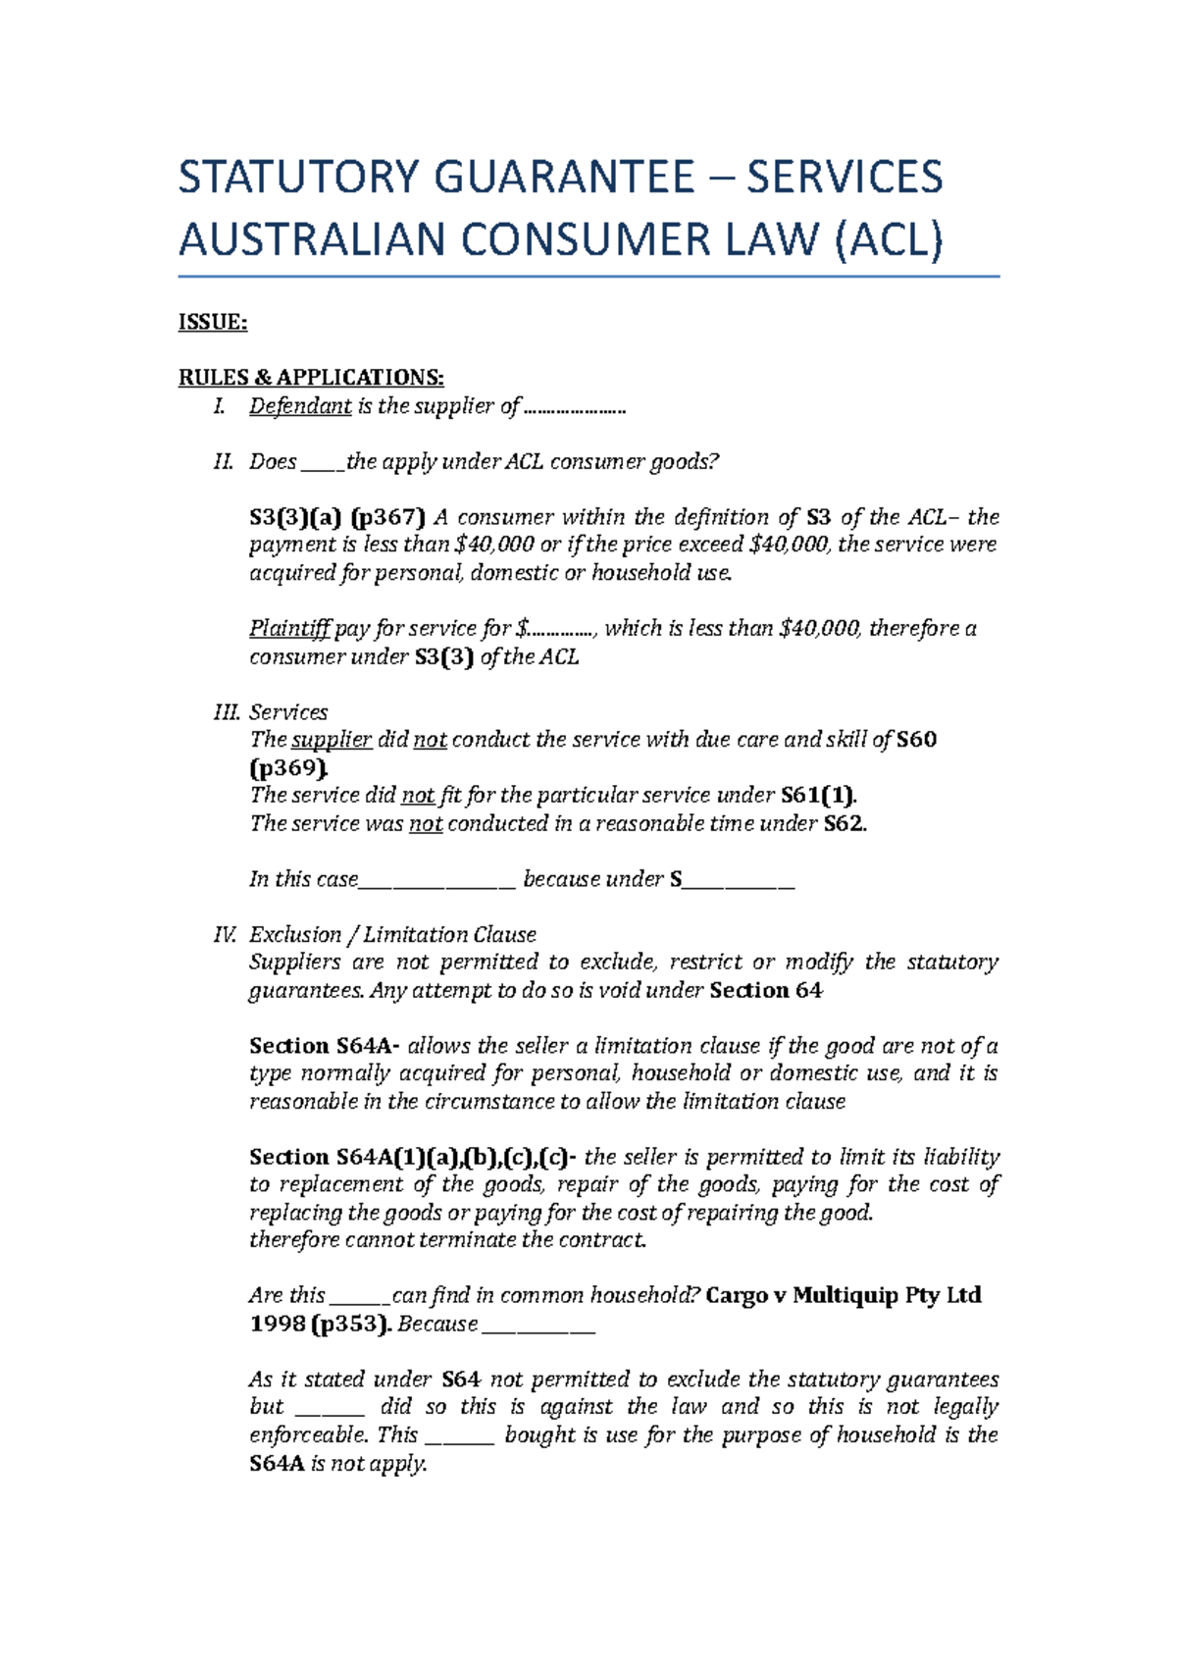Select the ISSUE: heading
click(x=212, y=323)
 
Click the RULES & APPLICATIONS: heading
click(x=311, y=378)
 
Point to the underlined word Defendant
click(x=300, y=406)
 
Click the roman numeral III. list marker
click(x=226, y=712)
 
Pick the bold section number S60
click(x=917, y=740)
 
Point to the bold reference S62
click(x=845, y=823)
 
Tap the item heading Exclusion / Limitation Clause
click(x=392, y=934)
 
